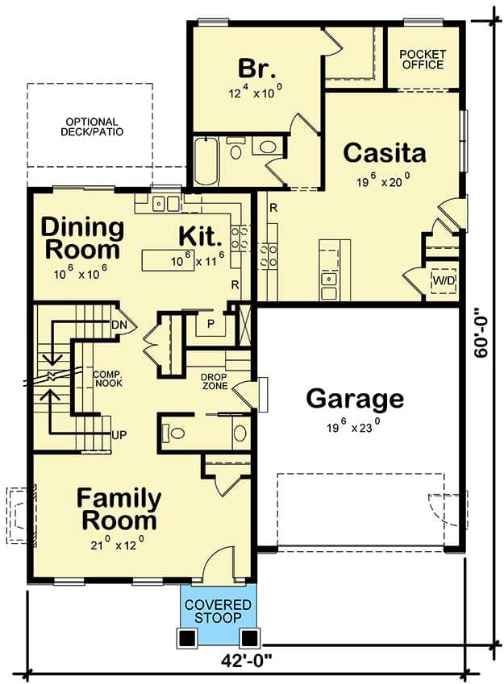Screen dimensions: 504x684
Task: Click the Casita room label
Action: tap(385, 153)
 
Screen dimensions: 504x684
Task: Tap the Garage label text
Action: tap(355, 399)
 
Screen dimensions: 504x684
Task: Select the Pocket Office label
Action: tap(423, 60)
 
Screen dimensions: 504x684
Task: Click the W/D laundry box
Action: tap(444, 280)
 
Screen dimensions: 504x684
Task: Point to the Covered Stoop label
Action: tap(218, 611)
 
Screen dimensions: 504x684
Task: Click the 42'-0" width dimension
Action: tap(246, 660)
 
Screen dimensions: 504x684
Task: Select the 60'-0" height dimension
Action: tap(481, 333)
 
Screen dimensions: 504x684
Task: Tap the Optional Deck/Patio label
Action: tap(92, 127)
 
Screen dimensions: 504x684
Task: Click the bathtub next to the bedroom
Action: tap(206, 161)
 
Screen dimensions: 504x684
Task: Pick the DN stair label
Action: tap(119, 325)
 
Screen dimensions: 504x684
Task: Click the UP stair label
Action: tap(119, 435)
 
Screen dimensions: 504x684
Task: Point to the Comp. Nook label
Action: tap(108, 379)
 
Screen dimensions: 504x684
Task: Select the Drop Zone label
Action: tap(215, 381)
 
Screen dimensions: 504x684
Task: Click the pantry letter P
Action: tap(211, 324)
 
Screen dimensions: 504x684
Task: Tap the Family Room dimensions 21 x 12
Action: tap(118, 543)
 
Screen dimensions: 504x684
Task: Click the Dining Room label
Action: tap(82, 238)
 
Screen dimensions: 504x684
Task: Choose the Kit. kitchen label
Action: tap(200, 236)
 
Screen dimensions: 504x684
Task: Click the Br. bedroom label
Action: tap(256, 68)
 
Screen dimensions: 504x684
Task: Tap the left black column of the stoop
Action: tap(187, 638)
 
